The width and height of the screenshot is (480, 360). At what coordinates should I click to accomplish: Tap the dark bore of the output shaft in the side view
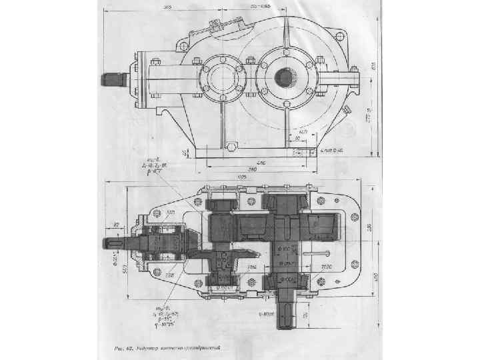pos(285,77)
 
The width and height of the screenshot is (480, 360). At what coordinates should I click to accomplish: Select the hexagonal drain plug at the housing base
pos(230,145)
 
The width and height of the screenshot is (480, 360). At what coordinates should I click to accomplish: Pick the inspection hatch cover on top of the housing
pos(215,26)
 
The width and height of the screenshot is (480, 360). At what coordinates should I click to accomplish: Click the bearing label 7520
pos(327,265)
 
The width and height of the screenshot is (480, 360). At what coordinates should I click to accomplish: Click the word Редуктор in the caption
pos(148,348)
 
